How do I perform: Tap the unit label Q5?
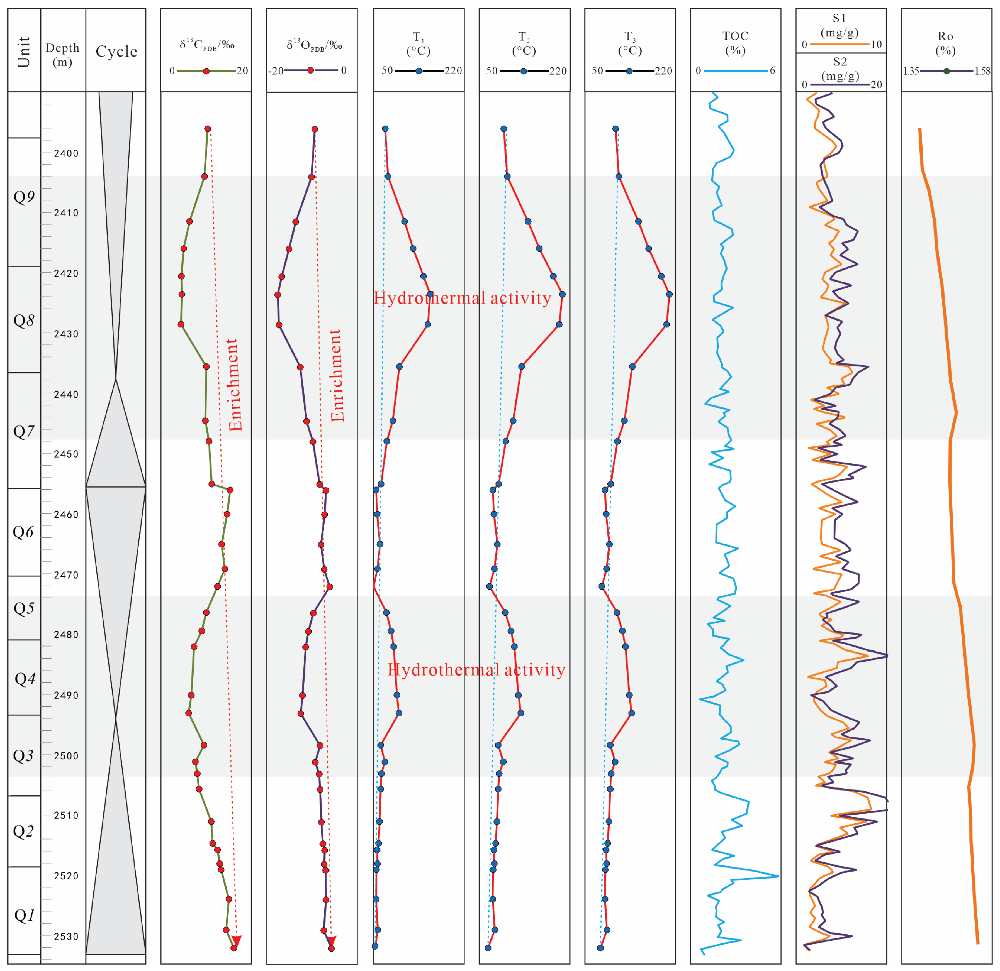[24, 608]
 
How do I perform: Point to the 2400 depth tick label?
[66, 153]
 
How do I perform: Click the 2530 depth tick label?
[66, 936]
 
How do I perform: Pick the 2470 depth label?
[66, 575]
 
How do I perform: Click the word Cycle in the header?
[116, 52]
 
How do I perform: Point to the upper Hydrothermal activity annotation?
[462, 298]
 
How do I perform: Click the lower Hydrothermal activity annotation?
[476, 670]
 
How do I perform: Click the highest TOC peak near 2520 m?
[778, 876]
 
